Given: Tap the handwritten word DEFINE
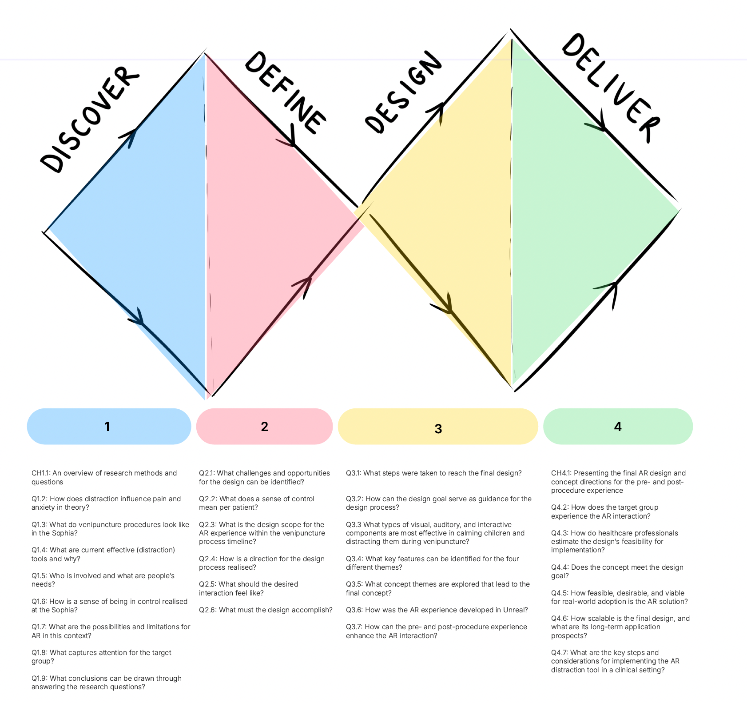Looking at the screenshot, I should click(286, 92).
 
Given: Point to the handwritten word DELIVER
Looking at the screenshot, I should click(611, 88).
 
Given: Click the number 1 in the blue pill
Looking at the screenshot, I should click(107, 427).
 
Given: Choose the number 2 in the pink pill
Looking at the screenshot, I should click(265, 427).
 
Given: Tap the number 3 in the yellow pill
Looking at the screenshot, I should click(438, 429).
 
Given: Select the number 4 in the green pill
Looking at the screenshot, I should click(618, 427).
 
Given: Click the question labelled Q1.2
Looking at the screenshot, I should click(106, 503).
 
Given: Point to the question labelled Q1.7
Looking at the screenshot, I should click(111, 631).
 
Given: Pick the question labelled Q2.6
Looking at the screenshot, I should click(266, 610).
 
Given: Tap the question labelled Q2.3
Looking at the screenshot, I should click(262, 533).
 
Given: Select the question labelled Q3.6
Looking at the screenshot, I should click(437, 610).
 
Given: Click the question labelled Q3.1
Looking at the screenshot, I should click(434, 473).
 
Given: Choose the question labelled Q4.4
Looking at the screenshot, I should click(617, 571).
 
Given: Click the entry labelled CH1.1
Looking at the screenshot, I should click(104, 477).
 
